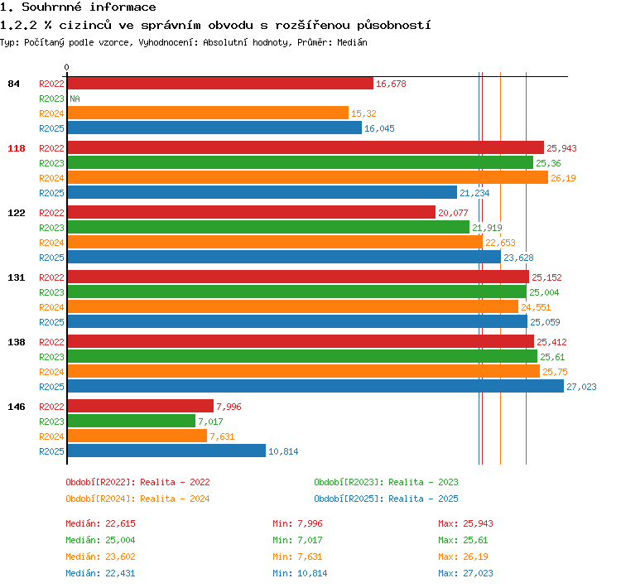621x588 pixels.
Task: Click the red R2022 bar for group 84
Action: (x=220, y=83)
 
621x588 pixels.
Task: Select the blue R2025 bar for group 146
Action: (x=166, y=451)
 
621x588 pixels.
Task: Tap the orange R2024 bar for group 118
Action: (x=308, y=177)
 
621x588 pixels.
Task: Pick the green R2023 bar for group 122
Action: (x=268, y=227)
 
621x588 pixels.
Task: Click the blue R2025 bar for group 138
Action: (x=315, y=386)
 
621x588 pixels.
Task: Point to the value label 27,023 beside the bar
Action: (x=581, y=387)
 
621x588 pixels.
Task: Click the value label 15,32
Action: (x=363, y=113)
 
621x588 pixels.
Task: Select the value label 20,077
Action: (x=453, y=213)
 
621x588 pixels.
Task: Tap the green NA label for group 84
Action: (x=75, y=99)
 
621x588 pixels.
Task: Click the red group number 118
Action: (x=17, y=148)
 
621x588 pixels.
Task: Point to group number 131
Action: (x=17, y=277)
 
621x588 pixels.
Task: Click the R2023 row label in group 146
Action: (x=51, y=422)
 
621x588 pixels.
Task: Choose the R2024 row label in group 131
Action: (x=51, y=307)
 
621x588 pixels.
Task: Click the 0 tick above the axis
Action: (x=66, y=67)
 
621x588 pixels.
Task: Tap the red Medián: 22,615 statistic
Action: (x=100, y=523)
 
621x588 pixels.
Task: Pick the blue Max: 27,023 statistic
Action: (x=465, y=573)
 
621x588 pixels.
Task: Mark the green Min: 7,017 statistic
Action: (x=297, y=540)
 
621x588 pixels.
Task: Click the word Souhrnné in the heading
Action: (x=51, y=7)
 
